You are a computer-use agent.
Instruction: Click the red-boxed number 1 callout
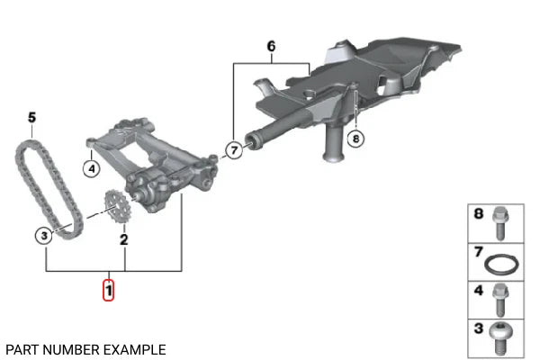coord(108,290)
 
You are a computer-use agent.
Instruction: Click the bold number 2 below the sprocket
coord(124,239)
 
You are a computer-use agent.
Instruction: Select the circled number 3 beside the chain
coord(44,236)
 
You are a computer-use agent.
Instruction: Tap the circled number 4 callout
coord(92,169)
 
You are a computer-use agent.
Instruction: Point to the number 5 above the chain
coord(31,118)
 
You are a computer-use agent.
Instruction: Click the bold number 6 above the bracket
coord(272,46)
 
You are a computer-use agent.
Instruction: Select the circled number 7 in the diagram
coord(234,150)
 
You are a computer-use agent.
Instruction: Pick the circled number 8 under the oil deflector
coord(355,139)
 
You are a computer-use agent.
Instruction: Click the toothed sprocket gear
coord(115,207)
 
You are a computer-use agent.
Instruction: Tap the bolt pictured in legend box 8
coord(500,223)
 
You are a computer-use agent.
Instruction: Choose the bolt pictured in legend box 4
coord(500,300)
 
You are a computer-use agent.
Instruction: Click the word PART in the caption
coord(22,350)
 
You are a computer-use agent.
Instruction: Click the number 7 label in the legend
coord(479,252)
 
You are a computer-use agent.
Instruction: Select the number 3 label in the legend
coord(479,328)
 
